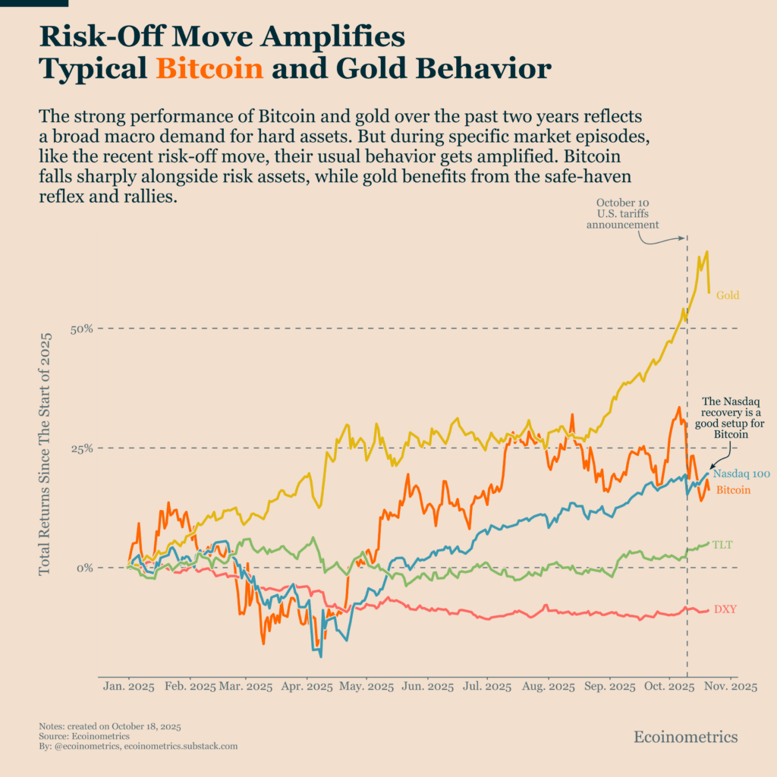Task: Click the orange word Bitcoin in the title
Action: point(209,70)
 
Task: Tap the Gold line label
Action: point(728,295)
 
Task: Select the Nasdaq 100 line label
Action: point(741,474)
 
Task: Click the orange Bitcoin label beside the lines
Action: point(733,490)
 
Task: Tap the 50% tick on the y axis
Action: point(82,329)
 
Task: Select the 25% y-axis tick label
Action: point(82,448)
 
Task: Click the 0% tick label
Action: point(85,568)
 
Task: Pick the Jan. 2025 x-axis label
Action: point(128,687)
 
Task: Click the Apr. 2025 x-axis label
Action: point(307,687)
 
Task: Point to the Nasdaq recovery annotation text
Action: point(729,418)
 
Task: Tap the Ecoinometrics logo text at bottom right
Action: point(685,737)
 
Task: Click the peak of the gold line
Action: point(707,252)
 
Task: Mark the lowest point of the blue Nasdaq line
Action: point(320,656)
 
